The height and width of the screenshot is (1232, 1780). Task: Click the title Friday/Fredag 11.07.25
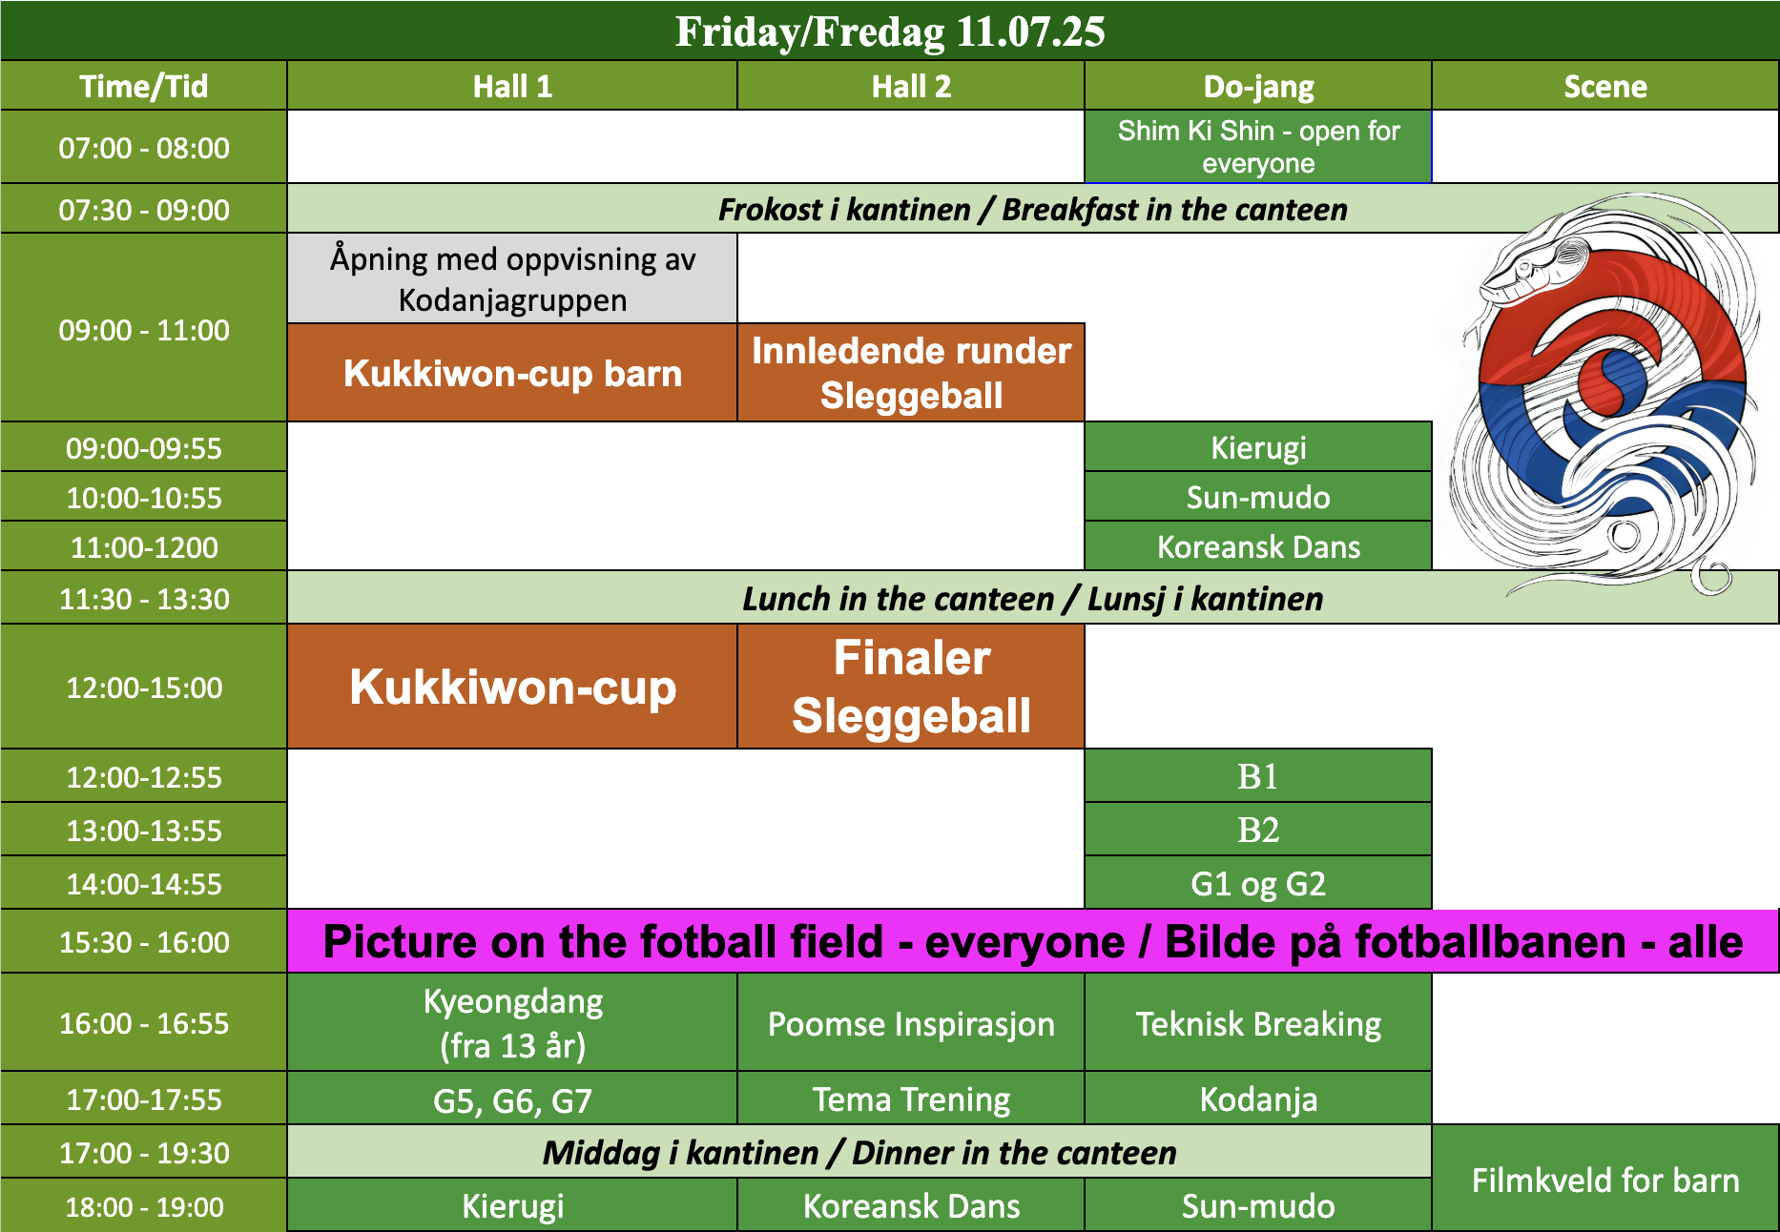tap(890, 31)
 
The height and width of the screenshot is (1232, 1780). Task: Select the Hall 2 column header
tap(911, 86)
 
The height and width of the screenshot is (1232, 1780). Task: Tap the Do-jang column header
tap(1258, 86)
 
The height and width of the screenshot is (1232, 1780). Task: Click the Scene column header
tap(1605, 86)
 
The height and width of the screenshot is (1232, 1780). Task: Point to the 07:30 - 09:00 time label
tap(144, 209)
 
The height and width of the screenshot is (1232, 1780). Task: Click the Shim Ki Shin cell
tap(1258, 147)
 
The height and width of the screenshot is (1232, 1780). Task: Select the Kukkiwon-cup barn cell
tap(512, 373)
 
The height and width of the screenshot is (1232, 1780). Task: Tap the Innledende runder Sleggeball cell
tap(911, 373)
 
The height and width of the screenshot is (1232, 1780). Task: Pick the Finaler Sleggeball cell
tap(911, 687)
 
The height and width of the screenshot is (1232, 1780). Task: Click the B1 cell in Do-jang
tap(1258, 776)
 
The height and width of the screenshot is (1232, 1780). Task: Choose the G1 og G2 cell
tap(1258, 883)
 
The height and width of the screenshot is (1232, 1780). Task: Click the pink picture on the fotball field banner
tap(1033, 941)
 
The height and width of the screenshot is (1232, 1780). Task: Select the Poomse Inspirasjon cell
tap(911, 1023)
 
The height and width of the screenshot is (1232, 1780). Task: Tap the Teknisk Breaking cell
tap(1258, 1023)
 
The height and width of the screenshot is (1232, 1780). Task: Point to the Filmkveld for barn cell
tap(1605, 1180)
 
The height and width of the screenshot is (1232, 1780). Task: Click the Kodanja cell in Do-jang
tap(1258, 1099)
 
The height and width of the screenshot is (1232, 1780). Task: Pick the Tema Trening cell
tap(911, 1099)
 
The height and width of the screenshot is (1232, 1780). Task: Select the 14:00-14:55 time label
tap(144, 883)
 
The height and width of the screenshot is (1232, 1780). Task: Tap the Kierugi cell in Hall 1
tap(512, 1205)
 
